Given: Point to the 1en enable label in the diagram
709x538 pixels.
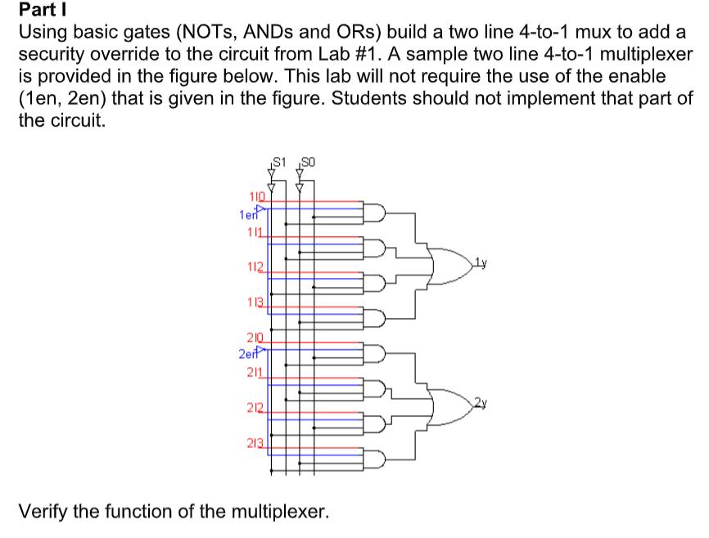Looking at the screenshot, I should [247, 214].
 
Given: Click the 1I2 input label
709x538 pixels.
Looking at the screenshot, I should [254, 267].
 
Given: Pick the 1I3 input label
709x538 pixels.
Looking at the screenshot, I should [255, 303].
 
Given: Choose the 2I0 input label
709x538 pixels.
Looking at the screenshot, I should [254, 338].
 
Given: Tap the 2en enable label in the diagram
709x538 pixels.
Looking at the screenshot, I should [247, 354].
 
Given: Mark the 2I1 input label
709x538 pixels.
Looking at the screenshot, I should [254, 373].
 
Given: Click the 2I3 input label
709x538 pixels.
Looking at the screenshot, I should [254, 443].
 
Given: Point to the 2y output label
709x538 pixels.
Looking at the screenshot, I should [481, 401].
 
